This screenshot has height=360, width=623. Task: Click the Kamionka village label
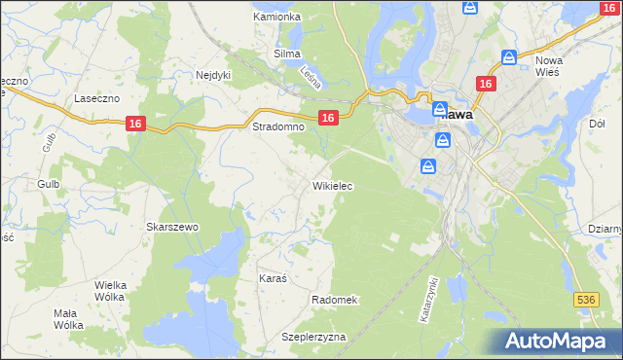coord(277,17)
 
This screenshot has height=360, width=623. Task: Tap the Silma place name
coord(287,54)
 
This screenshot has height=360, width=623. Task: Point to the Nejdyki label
coord(212,74)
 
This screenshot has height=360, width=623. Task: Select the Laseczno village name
coord(96,99)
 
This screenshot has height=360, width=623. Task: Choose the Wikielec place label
coord(332,185)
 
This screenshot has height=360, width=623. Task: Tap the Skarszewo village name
coord(172,227)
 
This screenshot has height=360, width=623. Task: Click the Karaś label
coord(273,278)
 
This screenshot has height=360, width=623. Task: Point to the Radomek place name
coord(335,300)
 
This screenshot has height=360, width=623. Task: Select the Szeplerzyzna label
coord(313,337)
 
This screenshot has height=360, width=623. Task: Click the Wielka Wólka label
coord(111,291)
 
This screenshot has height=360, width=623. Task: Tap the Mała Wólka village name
coord(68,319)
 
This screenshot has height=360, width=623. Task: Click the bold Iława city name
coord(457,114)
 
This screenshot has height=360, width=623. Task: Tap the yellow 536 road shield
coord(584,301)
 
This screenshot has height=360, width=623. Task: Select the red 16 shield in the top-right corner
coord(608,8)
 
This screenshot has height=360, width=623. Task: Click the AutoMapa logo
coord(556,341)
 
